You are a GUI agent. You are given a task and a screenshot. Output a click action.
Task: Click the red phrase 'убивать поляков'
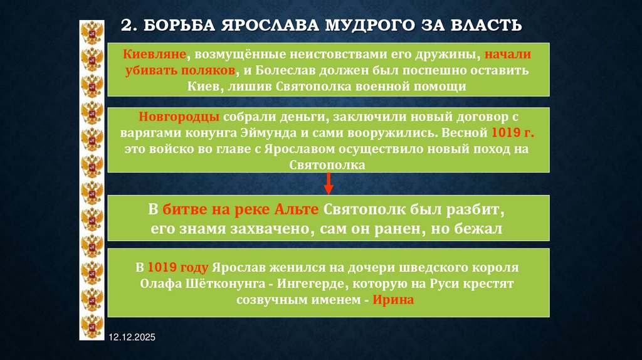tap(180, 70)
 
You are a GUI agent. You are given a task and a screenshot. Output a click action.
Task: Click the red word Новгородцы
tap(179, 118)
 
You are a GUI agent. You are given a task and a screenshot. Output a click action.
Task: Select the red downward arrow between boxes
tap(328, 184)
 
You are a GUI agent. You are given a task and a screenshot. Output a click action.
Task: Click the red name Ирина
tap(394, 300)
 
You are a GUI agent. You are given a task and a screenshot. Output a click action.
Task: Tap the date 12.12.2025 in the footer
tap(131, 338)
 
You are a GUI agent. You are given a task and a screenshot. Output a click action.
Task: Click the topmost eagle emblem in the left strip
tap(92, 31)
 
